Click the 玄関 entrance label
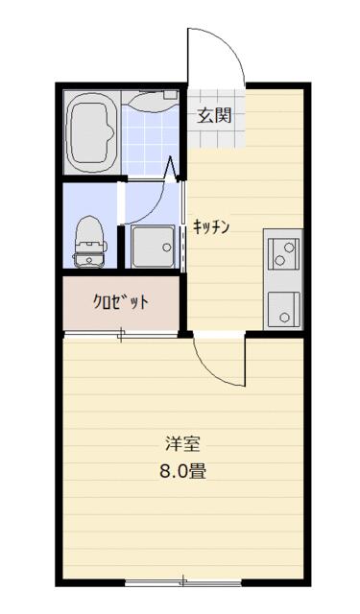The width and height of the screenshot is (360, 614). pos(215,115)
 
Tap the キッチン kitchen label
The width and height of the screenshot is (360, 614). pos(211,227)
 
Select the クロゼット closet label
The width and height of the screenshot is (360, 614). pos(121,301)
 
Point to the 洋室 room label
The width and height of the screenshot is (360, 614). pos(182,444)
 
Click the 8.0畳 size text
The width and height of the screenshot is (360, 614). pos(182,471)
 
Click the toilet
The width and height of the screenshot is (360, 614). pos(89,242)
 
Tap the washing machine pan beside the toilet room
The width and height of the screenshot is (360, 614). pos(153,247)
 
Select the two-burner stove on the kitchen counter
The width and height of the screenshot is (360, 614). pos(283,253)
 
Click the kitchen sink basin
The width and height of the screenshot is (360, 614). pos(283,309)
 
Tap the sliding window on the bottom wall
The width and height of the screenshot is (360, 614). pos(183,583)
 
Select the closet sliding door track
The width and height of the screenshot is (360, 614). pos(121,335)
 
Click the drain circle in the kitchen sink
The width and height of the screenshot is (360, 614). pos(284,318)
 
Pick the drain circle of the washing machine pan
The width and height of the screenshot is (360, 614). pos(167,248)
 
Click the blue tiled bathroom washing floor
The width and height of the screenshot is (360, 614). pos(150,141)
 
